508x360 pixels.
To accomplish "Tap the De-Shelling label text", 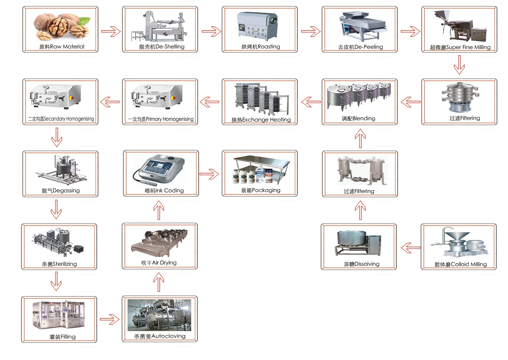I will click(162, 47).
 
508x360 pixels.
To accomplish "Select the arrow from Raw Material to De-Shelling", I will click(111, 32).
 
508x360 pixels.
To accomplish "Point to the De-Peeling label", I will click(360, 47).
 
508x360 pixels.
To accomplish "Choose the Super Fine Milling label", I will click(460, 47).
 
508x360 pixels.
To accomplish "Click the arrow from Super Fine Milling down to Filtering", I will click(459, 65).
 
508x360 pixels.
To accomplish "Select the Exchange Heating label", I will click(261, 120).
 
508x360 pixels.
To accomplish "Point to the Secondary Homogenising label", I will click(61, 119).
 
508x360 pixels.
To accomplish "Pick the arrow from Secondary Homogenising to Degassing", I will click(57, 137).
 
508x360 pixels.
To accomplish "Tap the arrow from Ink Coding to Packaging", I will click(209, 174).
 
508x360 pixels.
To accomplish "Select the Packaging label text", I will click(261, 190).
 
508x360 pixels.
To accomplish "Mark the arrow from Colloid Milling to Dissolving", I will click(411, 248).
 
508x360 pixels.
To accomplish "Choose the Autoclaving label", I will click(160, 336).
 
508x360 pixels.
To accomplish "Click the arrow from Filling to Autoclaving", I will click(110, 319).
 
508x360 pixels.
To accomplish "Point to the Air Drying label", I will click(159, 263).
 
